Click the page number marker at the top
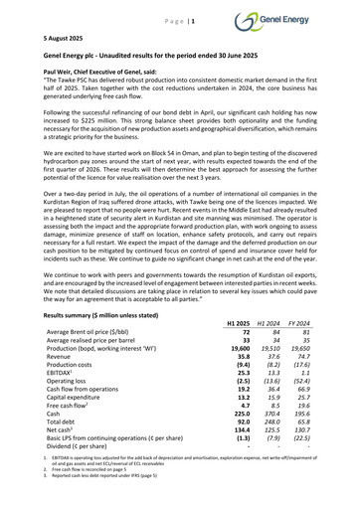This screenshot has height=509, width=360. (179, 9)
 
